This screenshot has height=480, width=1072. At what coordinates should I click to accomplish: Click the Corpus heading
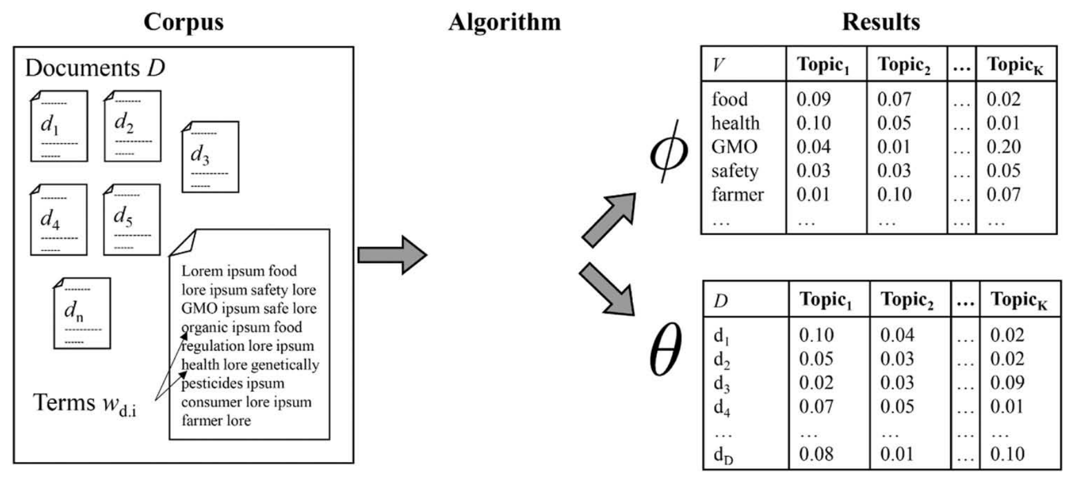point(184,22)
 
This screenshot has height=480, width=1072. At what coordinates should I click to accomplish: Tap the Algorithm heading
point(505,22)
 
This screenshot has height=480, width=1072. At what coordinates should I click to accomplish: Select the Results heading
point(881,22)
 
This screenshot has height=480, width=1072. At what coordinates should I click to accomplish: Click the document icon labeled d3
point(210,156)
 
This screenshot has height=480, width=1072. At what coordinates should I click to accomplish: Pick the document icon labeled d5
point(132,219)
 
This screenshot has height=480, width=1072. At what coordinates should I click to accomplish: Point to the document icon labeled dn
point(82,313)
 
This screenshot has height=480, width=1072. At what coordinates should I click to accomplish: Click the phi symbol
point(669,151)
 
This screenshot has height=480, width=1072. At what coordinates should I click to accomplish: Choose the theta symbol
point(665,349)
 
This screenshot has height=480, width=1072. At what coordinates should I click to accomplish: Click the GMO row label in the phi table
point(734,147)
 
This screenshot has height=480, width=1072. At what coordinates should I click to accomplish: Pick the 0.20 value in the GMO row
point(1004,147)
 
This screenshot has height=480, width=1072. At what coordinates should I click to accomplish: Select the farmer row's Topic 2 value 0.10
point(894,194)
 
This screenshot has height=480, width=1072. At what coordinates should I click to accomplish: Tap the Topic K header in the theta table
point(1019,300)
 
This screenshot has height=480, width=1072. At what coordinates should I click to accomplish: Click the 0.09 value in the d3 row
point(1007,382)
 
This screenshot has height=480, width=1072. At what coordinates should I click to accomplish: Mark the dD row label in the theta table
point(723,456)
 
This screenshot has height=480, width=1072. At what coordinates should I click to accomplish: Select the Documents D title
point(95,68)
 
